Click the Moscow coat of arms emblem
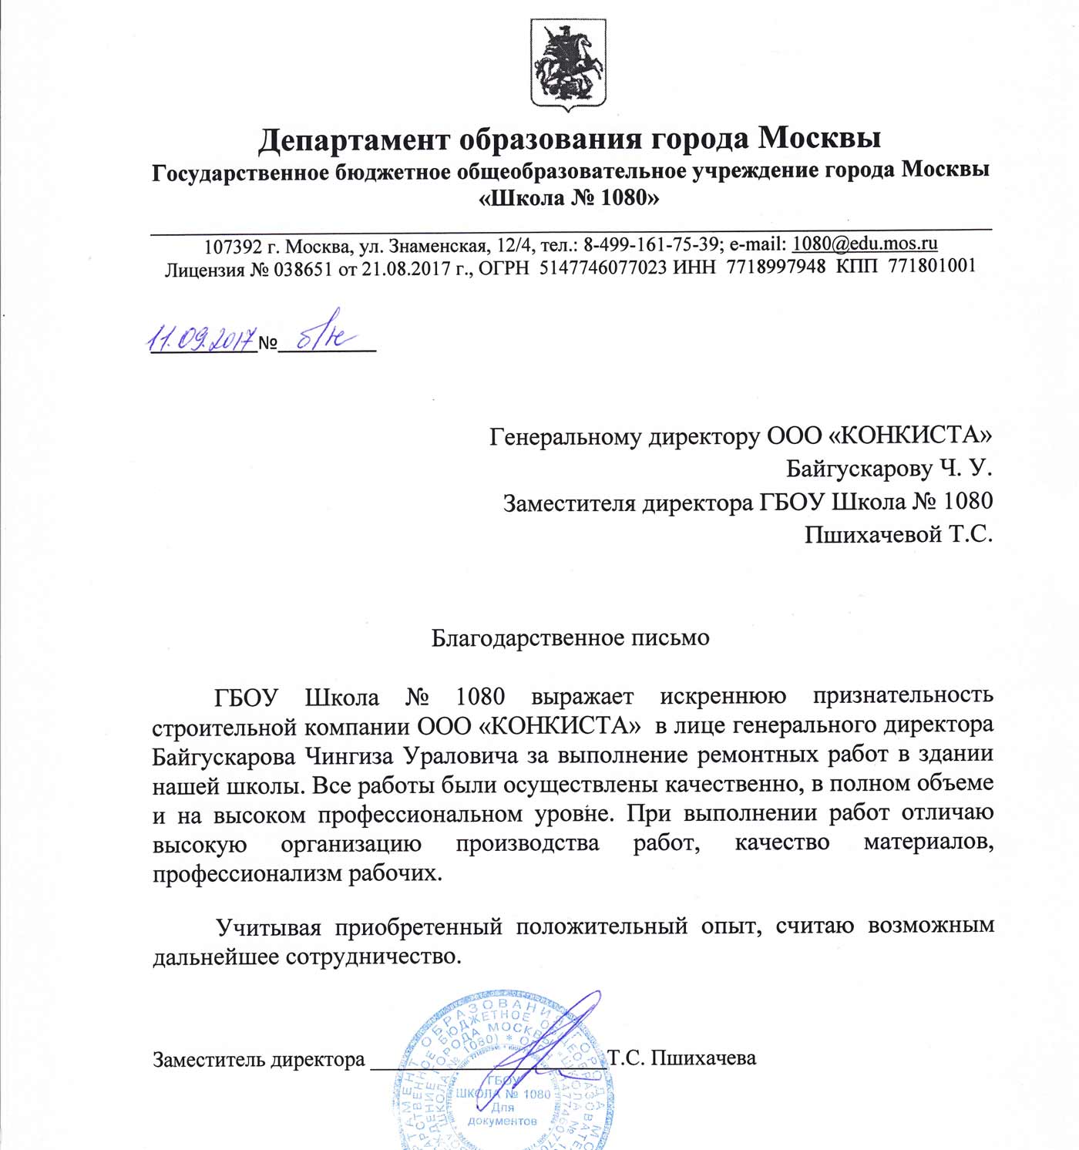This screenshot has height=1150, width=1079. [x=568, y=63]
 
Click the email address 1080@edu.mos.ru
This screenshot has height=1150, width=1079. [x=865, y=244]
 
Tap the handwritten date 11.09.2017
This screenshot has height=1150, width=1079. [x=201, y=338]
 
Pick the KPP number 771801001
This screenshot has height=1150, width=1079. [x=932, y=266]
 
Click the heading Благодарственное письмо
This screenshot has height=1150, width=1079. [x=570, y=638]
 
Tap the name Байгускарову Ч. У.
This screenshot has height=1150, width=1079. [x=889, y=469]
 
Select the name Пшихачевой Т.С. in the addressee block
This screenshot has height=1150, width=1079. [x=898, y=534]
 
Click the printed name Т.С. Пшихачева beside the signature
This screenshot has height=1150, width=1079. [x=682, y=1058]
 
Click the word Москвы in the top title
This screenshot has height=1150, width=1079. [x=819, y=139]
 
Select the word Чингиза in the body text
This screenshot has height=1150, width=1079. [x=349, y=756]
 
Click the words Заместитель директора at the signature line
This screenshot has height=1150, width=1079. [x=258, y=1060]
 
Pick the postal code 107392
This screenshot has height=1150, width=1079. [x=234, y=247]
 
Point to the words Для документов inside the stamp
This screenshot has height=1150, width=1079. [x=502, y=1114]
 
